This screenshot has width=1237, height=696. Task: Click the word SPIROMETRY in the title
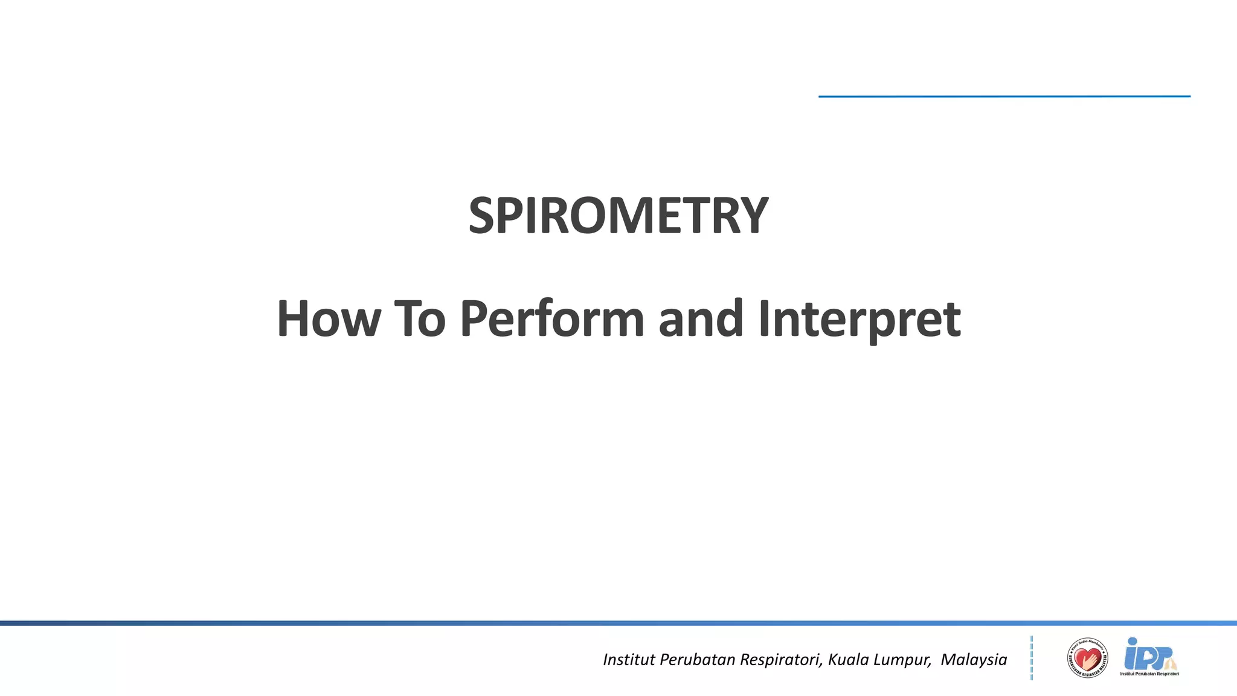pyautogui.click(x=618, y=216)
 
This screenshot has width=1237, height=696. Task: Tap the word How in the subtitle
pyautogui.click(x=329, y=318)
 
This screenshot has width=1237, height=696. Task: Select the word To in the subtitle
pyautogui.click(x=420, y=318)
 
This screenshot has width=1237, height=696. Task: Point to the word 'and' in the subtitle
pyautogui.click(x=700, y=318)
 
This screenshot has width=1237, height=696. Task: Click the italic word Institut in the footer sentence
pyautogui.click(x=629, y=659)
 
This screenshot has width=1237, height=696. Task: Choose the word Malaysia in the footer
pyautogui.click(x=974, y=659)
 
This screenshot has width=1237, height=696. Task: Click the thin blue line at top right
pyautogui.click(x=1004, y=96)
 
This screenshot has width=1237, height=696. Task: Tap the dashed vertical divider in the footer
pyautogui.click(x=1032, y=658)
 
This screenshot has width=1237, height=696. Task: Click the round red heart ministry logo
pyautogui.click(x=1087, y=658)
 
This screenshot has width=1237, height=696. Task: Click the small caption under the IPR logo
pyautogui.click(x=1149, y=674)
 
